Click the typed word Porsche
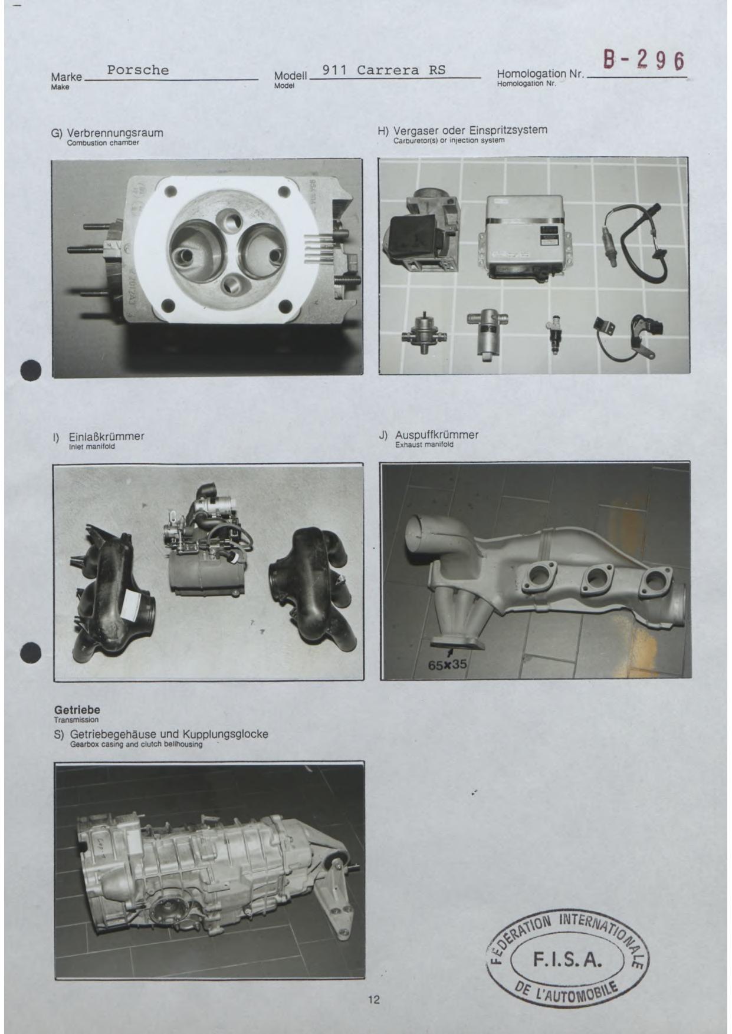pos(138,70)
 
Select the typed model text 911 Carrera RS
pos(384,70)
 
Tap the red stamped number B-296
pos(643,60)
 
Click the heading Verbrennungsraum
pos(115,133)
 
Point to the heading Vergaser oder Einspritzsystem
pos(470,130)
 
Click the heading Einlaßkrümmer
pos(107,437)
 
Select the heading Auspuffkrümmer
pos(436,435)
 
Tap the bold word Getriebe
pos(77,710)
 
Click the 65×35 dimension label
pos(448,665)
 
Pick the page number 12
pos(374,999)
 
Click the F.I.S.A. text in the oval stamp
pos(567,960)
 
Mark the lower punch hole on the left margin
pos(31,653)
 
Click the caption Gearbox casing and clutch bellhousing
pos(136,745)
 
